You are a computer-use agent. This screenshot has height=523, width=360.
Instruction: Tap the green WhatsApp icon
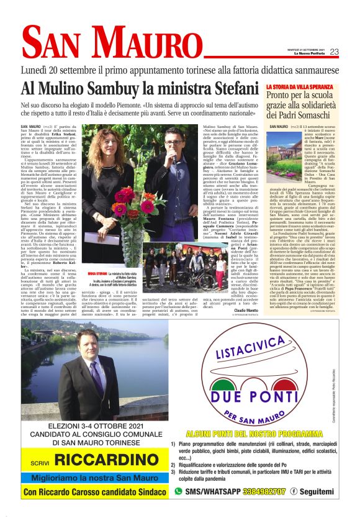179,491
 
